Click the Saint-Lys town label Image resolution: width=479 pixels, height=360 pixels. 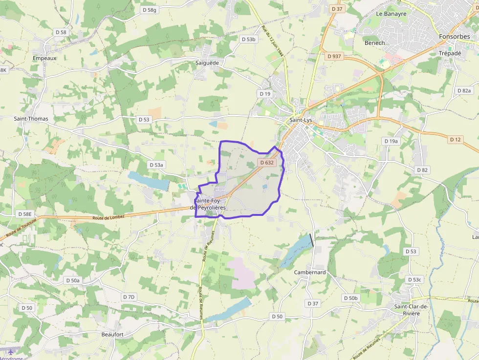point(301,120)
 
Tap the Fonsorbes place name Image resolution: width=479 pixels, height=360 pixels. point(454,37)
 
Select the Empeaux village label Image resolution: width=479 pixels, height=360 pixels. point(44,58)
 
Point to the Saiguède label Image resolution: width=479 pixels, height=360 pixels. point(207,63)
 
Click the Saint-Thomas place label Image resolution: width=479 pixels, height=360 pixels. point(31,119)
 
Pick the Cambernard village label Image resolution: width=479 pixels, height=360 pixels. point(310,272)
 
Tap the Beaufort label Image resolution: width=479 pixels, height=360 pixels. point(112,334)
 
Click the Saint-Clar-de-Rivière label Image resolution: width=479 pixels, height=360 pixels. point(411,310)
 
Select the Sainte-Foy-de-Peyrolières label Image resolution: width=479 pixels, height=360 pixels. point(210,204)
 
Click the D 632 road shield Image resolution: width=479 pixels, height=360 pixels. point(267,162)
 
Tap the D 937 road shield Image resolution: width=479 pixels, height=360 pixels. point(334,56)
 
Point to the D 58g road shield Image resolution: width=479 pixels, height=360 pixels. point(149,10)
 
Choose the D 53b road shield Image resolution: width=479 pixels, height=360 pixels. point(248,39)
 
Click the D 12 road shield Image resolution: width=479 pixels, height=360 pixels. point(455,140)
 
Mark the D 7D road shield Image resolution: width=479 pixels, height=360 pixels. point(129,297)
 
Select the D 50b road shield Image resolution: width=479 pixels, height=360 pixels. point(350,298)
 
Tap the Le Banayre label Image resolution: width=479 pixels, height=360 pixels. point(391,14)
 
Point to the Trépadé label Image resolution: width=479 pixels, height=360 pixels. point(450,53)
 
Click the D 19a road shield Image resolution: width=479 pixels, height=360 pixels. point(391,141)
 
